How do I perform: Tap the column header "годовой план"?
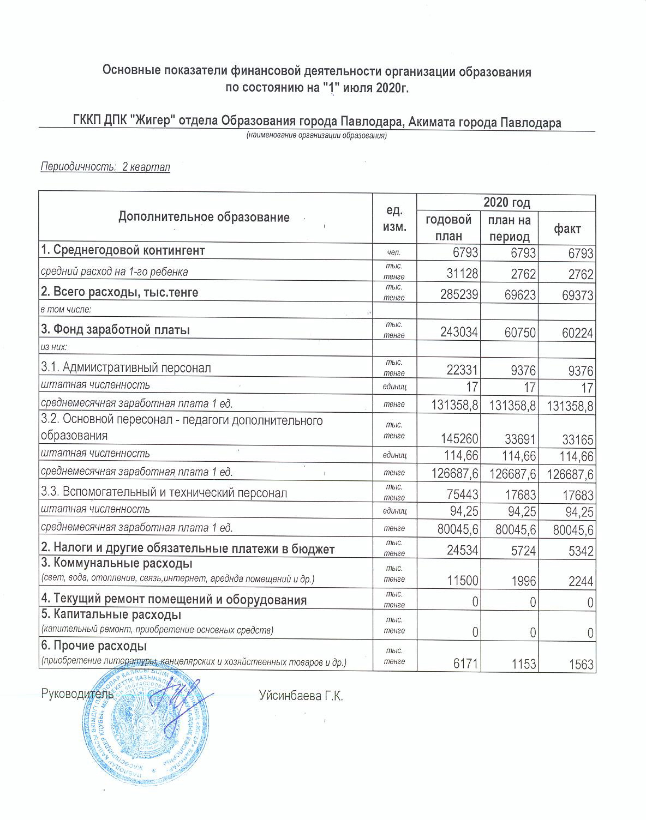point(448,228)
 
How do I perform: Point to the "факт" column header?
point(567,228)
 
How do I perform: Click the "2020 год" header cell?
point(506,203)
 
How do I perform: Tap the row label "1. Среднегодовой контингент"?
point(123,251)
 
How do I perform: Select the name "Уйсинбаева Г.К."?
point(301,696)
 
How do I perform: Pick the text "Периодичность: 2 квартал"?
point(106,167)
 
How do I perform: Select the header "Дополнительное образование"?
point(204,218)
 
